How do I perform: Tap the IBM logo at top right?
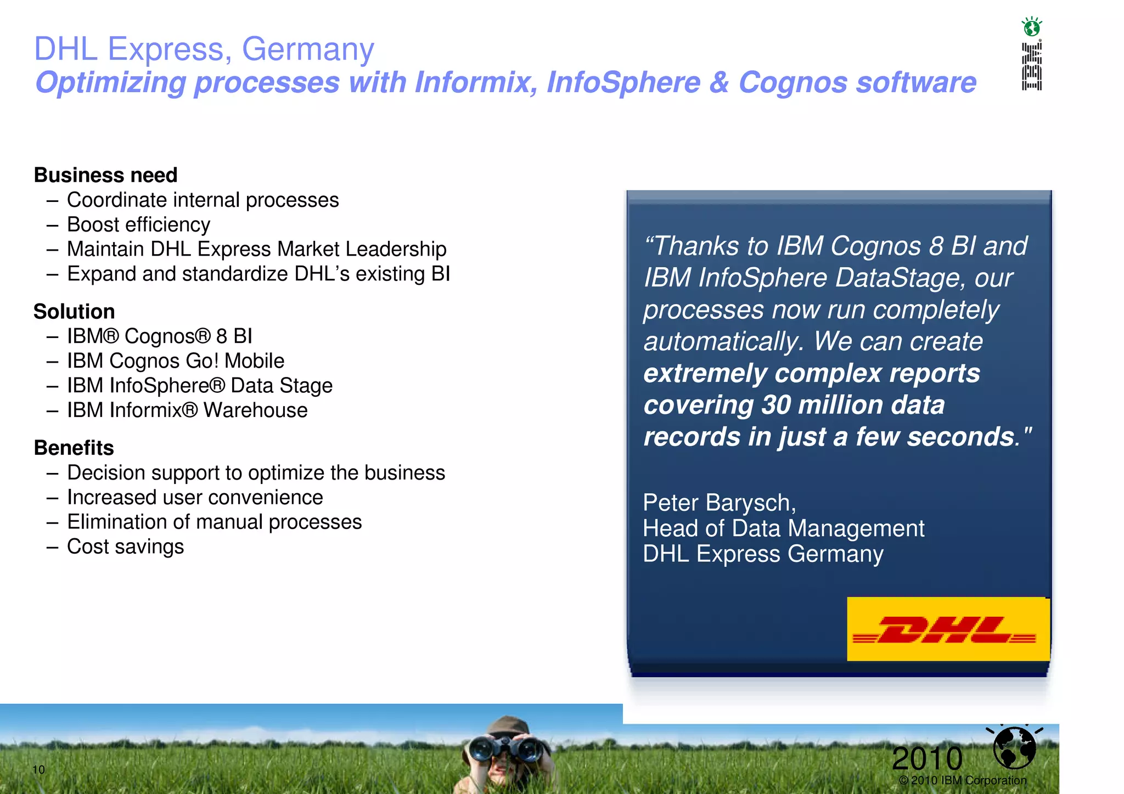click(1031, 66)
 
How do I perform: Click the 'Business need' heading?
click(105, 175)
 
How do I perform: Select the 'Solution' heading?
click(74, 312)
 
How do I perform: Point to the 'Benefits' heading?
click(74, 448)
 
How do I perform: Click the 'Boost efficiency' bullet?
click(138, 224)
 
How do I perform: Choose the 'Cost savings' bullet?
click(125, 547)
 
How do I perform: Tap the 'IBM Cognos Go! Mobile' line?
click(176, 361)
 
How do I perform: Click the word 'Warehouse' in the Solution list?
click(255, 410)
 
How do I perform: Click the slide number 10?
click(38, 769)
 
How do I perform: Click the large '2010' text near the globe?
click(927, 758)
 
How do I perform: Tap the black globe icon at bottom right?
click(1014, 747)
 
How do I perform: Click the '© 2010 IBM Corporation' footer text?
click(963, 780)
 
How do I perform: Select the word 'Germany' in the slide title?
click(308, 49)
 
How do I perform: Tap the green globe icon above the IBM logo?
click(1032, 26)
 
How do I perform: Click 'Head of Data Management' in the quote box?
click(783, 528)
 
